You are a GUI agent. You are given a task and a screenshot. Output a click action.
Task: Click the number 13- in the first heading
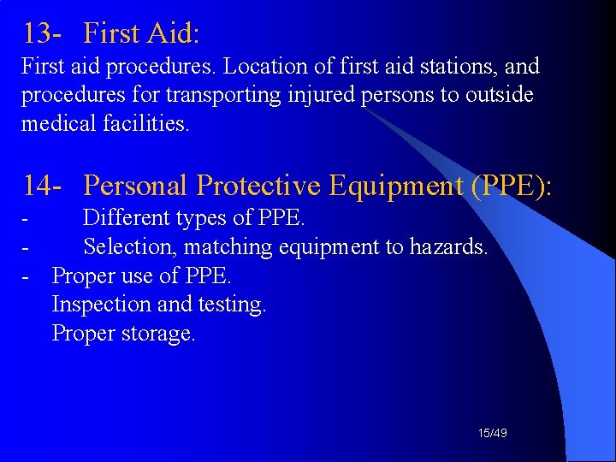(x=40, y=33)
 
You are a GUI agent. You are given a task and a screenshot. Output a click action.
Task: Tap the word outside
(x=499, y=94)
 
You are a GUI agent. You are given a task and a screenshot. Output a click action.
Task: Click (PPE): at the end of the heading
(x=512, y=185)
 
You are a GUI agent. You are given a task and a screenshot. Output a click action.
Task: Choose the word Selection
(x=129, y=247)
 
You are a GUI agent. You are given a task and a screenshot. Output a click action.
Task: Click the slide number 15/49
(x=493, y=434)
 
